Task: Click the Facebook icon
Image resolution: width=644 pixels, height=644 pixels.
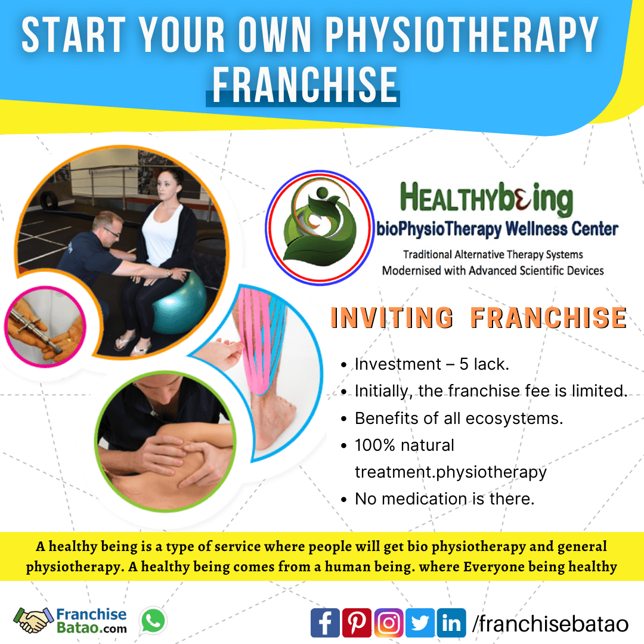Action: [x=325, y=623]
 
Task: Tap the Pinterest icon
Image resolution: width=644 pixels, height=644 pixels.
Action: [x=357, y=623]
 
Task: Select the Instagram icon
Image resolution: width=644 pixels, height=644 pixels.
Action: [x=389, y=623]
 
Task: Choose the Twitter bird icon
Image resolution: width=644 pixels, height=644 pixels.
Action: [x=420, y=623]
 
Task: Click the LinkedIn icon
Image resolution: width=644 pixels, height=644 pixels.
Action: [x=451, y=623]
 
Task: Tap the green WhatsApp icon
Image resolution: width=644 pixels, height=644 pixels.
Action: [x=153, y=621]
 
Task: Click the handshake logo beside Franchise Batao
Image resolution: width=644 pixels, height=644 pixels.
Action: [x=33, y=620]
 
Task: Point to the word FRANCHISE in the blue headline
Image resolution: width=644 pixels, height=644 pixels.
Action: [x=304, y=85]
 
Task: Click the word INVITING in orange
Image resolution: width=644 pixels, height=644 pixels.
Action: [x=392, y=317]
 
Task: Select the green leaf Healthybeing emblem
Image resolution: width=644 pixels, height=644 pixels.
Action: [x=320, y=228]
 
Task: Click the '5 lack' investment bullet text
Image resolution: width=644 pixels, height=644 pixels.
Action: [x=432, y=364]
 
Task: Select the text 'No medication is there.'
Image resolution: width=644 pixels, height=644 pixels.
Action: [x=444, y=499]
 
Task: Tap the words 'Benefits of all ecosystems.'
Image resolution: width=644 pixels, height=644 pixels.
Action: [x=459, y=419]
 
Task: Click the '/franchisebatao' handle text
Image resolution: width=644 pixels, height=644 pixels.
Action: [x=550, y=624]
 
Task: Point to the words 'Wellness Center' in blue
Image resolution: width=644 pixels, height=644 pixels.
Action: [x=562, y=229]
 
